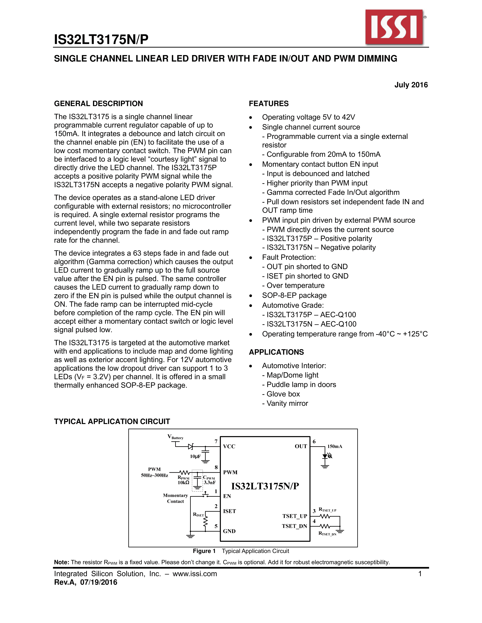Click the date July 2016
(x=411, y=85)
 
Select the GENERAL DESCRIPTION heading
(x=98, y=103)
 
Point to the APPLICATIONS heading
(x=276, y=352)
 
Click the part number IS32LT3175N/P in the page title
(x=101, y=39)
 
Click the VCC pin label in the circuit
(x=229, y=446)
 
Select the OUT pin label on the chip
(x=301, y=446)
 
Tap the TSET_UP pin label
(x=294, y=516)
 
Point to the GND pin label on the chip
(x=229, y=531)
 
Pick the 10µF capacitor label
(x=195, y=456)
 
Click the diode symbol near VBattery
(x=191, y=446)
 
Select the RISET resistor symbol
(x=205, y=522)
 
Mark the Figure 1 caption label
(x=204, y=551)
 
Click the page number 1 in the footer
(x=420, y=574)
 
